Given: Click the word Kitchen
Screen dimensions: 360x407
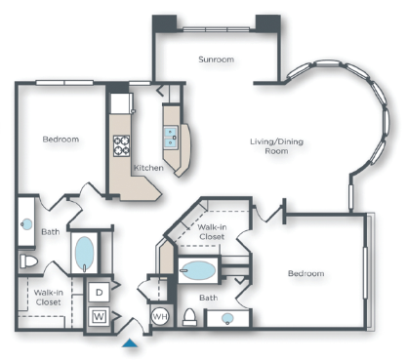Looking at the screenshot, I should point(148,168).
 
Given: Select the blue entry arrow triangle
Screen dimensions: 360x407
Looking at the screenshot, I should point(131,342).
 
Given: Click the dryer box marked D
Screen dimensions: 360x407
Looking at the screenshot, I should point(99,292).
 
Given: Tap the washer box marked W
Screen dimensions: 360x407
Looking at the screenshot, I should point(99,315).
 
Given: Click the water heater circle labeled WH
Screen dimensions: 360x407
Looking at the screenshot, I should point(160,317).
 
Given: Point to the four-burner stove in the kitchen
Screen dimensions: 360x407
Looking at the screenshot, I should point(124,146).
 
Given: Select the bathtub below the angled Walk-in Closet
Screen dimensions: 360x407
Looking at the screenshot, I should point(201,270).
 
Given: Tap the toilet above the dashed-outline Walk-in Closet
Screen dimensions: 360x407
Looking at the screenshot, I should point(28,263).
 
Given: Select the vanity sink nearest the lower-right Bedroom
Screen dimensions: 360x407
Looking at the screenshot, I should point(227,318).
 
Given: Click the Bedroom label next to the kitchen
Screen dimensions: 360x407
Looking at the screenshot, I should point(61,140).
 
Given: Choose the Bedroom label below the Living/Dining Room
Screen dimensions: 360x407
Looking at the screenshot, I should point(305,273).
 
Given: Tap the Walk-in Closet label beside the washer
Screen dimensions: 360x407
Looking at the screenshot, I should point(49,297).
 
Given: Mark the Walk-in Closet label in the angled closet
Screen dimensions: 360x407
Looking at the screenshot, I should point(211,232).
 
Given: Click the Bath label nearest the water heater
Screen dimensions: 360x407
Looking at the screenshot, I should point(208,297).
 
